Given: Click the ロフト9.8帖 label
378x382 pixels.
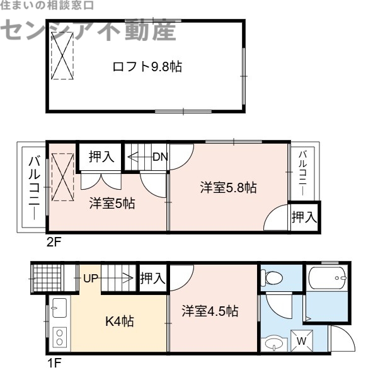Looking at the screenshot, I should click(147, 67).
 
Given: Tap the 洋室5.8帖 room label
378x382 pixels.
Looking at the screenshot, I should click(228, 187).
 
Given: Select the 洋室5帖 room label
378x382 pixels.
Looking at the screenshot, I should click(112, 204).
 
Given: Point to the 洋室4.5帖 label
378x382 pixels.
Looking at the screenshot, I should click(210, 311).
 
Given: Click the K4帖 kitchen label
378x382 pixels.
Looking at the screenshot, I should click(119, 321).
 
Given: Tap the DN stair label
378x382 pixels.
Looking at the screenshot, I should click(159, 157).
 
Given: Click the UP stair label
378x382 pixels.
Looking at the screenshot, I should click(91, 276).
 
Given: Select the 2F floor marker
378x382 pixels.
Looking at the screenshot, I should click(54, 240).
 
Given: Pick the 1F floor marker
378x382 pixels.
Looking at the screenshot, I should click(54, 364).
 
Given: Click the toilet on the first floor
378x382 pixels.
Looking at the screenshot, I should click(274, 278).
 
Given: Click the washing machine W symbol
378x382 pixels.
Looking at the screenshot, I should click(301, 341).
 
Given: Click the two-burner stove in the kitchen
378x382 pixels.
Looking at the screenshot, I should click(59, 336).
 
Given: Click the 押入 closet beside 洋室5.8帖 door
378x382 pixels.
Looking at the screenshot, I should click(304, 217).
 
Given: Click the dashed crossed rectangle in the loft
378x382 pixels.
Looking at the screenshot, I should click(62, 55).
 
